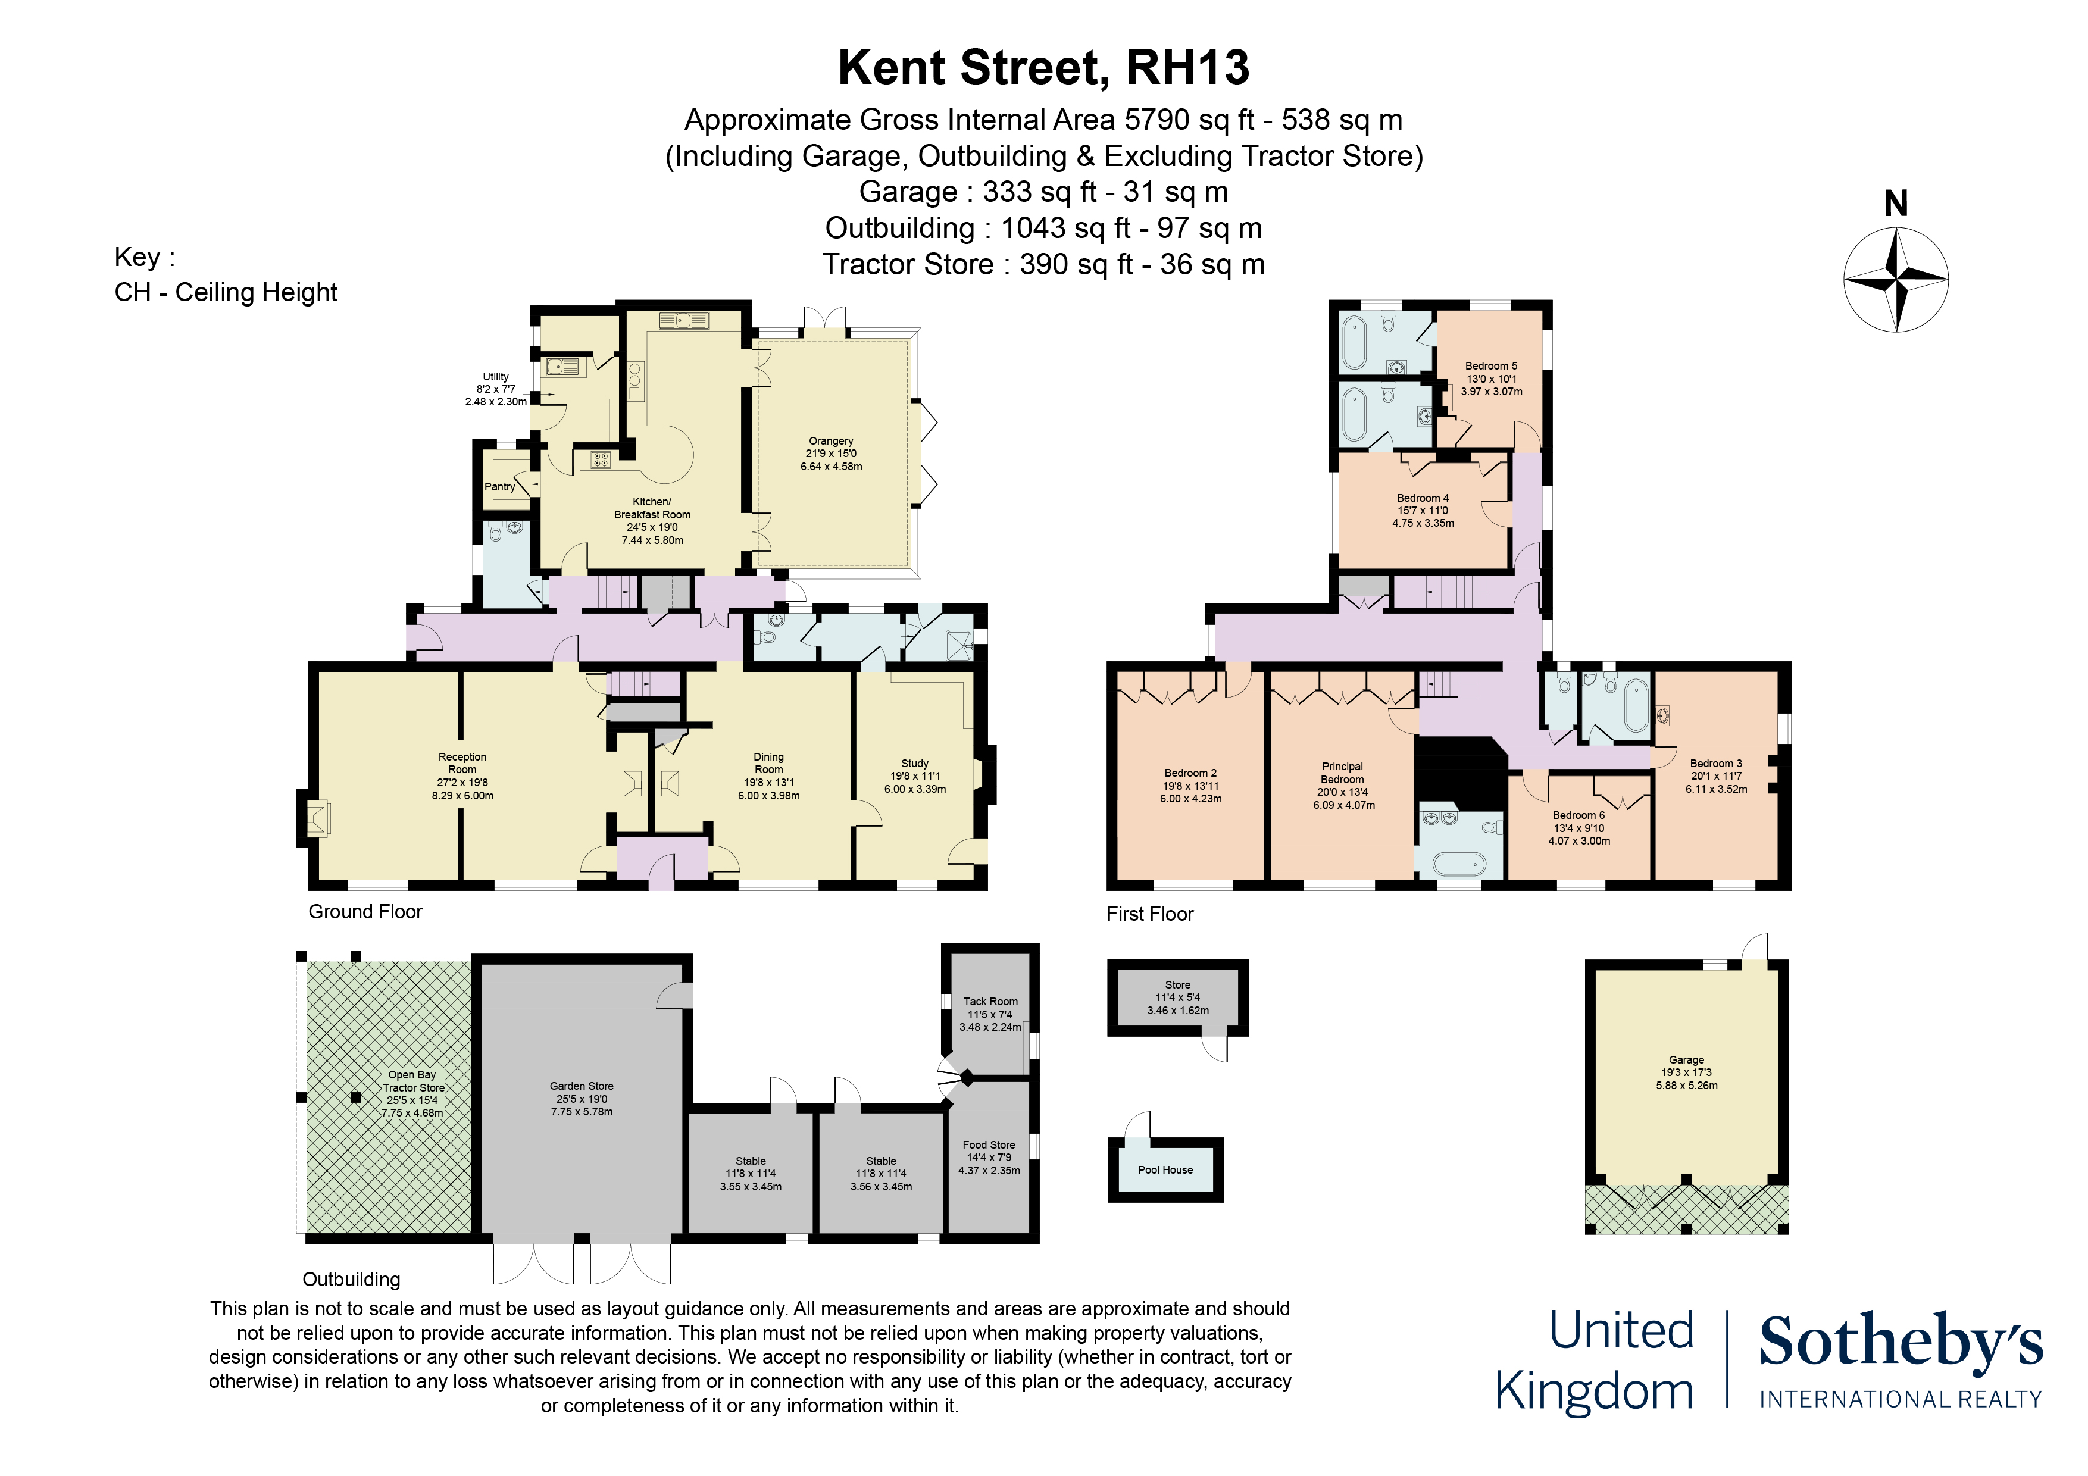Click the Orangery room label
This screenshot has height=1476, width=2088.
tap(830, 441)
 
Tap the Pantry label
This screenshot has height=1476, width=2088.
tap(499, 486)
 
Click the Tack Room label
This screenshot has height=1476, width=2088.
tap(990, 1001)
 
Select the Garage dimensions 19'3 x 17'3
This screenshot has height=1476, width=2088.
tap(1686, 1073)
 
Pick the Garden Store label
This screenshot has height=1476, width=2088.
tap(581, 1086)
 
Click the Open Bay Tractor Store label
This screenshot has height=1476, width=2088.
tap(413, 1081)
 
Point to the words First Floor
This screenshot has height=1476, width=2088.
tap(1149, 914)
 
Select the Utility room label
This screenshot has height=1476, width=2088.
tap(496, 377)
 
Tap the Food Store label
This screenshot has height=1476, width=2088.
tap(989, 1145)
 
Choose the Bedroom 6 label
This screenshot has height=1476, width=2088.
tap(1578, 816)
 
